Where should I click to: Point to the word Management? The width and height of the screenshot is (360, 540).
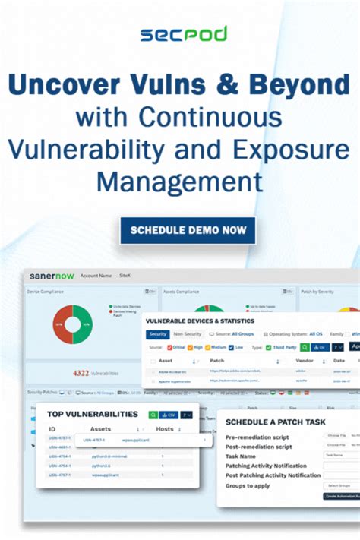click(180, 182)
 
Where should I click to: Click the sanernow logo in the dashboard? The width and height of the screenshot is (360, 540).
click(52, 276)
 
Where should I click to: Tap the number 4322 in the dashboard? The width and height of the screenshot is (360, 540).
click(81, 373)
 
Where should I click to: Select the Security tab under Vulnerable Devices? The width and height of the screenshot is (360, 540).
click(158, 334)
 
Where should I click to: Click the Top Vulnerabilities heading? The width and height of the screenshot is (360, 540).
click(93, 415)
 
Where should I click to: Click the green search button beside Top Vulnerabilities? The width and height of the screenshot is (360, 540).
click(153, 415)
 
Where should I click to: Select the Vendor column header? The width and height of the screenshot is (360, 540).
click(304, 361)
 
